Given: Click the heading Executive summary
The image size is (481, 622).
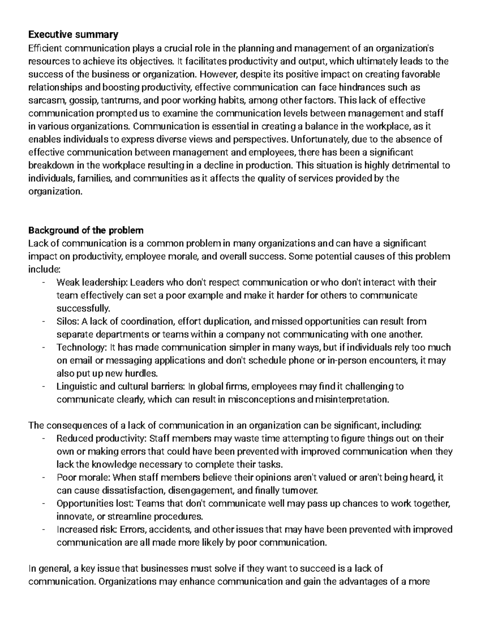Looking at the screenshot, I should coord(73,35).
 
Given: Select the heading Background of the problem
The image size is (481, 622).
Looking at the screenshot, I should coord(85,231).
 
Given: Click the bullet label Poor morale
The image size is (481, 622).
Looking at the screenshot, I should coord(84,478).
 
